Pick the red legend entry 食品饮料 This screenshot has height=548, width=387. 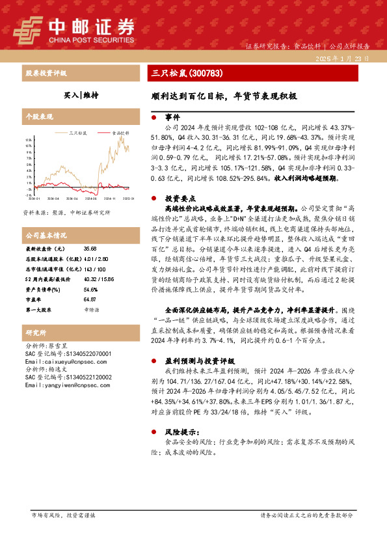(116, 132)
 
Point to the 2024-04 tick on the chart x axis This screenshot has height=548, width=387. (53, 200)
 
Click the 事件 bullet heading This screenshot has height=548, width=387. (172, 117)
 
